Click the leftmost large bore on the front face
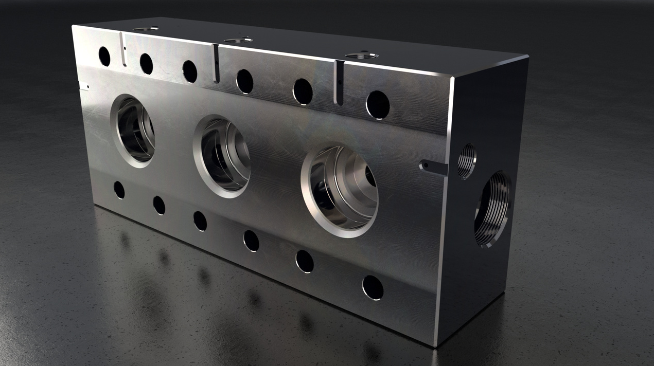coord(133,131)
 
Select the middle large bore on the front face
coord(222,156)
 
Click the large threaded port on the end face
coord(492,209)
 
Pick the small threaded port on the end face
coord(467,161)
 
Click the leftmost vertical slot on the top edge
coord(123,50)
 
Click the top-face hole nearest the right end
coord(361,55)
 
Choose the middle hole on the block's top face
coord(238,40)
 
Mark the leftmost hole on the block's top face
coord(145,29)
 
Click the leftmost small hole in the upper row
coord(104,56)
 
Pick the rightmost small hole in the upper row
coord(378,105)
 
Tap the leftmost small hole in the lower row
coord(119,190)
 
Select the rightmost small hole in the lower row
coord(373,287)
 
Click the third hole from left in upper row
coord(189,71)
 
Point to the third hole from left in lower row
coord(200,221)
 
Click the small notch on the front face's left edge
coord(83,86)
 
